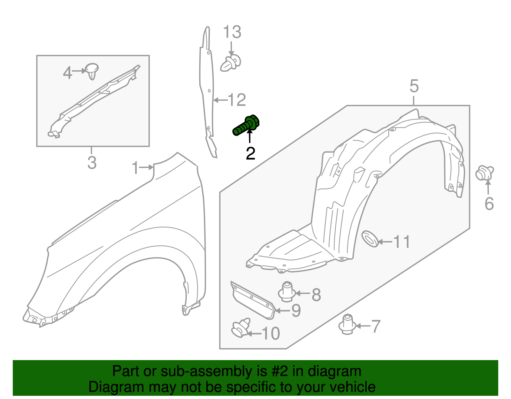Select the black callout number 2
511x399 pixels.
[x=250, y=154]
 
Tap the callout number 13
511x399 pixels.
[x=232, y=33]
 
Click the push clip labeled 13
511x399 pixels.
[x=231, y=63]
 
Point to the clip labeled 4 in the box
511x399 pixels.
[x=92, y=71]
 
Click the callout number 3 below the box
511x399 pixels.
[x=92, y=163]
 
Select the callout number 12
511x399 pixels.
[x=237, y=100]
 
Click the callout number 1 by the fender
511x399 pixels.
[x=135, y=168]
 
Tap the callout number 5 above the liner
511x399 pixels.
[x=414, y=86]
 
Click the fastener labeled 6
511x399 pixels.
[x=484, y=173]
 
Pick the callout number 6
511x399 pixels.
[x=489, y=204]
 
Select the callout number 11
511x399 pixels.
[x=401, y=242]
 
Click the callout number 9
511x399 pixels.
[x=296, y=311]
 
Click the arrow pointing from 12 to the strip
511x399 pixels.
[x=220, y=100]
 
